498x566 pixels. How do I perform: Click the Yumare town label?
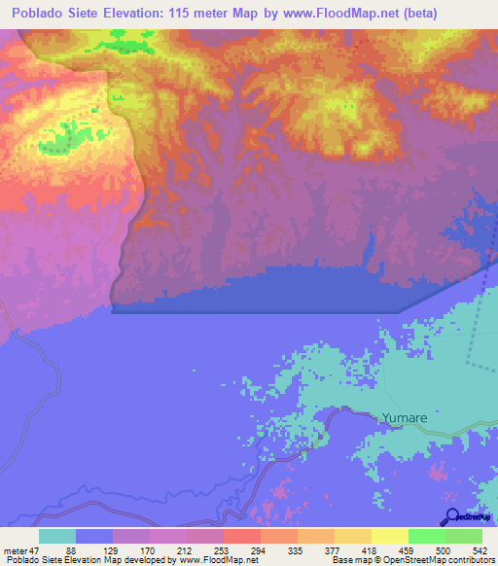click(x=404, y=418)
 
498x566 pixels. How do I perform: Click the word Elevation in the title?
click(x=151, y=14)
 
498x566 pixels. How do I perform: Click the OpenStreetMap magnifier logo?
click(x=453, y=516)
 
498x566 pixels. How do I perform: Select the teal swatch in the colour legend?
click(x=57, y=536)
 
